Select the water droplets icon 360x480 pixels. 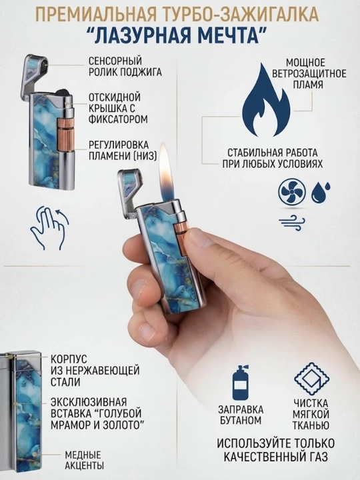[321, 192]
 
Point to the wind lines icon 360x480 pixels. [292, 223]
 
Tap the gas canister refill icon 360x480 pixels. [240, 383]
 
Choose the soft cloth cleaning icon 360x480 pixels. [311, 379]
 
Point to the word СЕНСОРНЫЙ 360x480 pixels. [115, 61]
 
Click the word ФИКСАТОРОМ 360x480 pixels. [118, 119]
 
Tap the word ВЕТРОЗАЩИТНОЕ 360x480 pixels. [309, 73]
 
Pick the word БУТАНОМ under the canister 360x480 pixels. [241, 420]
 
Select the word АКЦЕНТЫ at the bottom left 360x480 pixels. [84, 465]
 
